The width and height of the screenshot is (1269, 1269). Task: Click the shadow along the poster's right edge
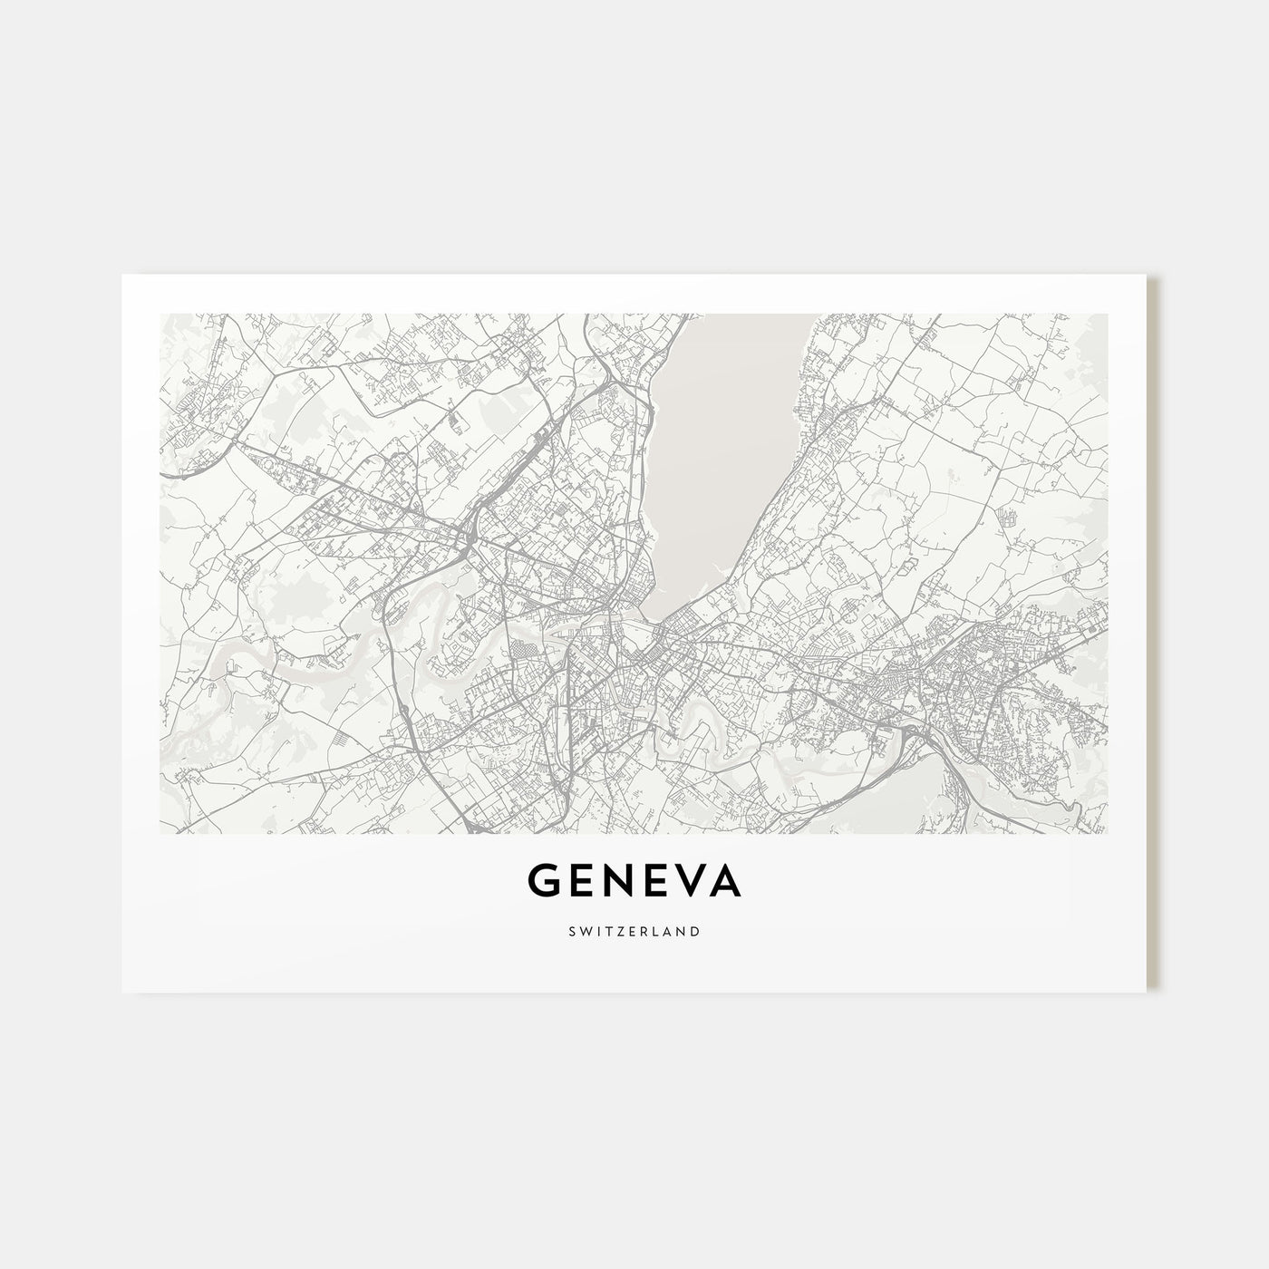coord(1153,634)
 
